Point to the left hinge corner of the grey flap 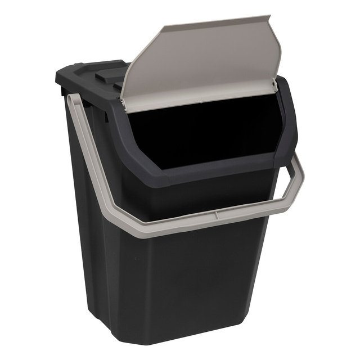tap(123, 103)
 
